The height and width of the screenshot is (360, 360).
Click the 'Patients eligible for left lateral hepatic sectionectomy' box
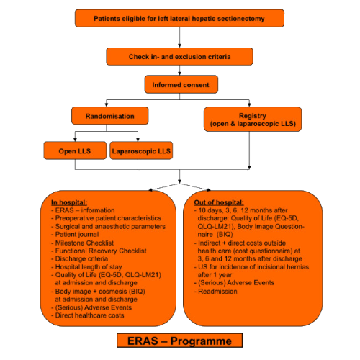[x=179, y=18]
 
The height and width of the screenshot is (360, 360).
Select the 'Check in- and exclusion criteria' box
[x=179, y=56]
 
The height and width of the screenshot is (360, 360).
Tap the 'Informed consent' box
[x=181, y=84]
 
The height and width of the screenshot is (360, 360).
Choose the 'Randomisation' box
[x=110, y=116]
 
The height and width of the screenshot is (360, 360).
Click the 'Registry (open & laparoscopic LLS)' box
[x=253, y=120]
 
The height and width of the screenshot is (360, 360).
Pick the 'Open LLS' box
[x=75, y=150]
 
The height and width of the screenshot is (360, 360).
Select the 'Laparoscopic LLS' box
[x=141, y=150]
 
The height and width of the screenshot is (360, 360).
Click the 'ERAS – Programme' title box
[x=179, y=341]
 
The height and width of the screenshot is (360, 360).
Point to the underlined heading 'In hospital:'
[x=69, y=202]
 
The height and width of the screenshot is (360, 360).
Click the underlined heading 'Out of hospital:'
[x=219, y=202]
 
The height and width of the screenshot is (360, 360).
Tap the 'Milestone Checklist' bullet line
[x=82, y=243]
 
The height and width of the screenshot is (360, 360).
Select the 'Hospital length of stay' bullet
[x=86, y=267]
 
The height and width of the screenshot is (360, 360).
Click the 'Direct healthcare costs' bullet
[x=88, y=315]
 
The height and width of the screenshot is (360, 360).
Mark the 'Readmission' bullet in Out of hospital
[x=215, y=292]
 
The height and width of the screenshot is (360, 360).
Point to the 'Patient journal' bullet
[x=75, y=234]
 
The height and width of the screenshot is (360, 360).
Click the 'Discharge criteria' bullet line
[x=79, y=258]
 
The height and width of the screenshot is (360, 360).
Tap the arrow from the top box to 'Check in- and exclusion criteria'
[x=179, y=37]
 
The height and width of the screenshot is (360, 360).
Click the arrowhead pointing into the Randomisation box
[x=107, y=105]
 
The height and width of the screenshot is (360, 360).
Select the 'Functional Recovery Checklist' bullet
[x=99, y=251]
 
